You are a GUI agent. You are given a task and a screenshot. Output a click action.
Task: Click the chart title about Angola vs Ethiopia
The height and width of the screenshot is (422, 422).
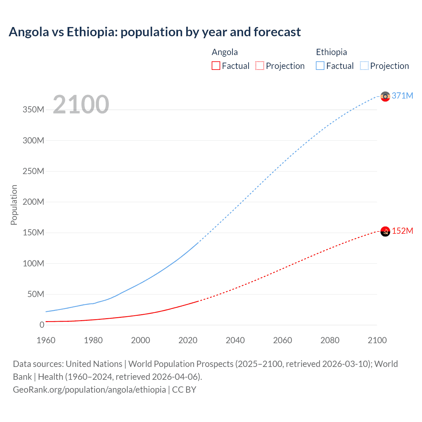[x=155, y=32]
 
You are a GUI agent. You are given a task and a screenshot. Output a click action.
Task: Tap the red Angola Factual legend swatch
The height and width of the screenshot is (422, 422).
[x=216, y=66]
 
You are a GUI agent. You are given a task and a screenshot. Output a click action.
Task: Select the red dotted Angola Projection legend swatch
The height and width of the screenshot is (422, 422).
[x=260, y=66]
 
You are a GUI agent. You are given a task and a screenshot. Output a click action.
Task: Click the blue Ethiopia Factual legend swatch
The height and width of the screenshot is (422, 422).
[x=320, y=66]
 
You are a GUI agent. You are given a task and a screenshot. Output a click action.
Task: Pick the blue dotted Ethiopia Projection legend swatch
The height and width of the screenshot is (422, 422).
[x=364, y=66]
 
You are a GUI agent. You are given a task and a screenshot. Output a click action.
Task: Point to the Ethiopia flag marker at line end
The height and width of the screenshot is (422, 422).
[x=385, y=96]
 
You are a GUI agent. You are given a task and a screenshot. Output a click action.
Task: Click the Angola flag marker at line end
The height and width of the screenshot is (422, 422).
[x=385, y=231]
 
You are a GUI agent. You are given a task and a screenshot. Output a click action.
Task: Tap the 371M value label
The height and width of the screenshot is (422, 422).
[x=403, y=96]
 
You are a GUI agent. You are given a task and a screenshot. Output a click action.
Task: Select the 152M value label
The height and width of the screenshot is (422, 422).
[x=403, y=231]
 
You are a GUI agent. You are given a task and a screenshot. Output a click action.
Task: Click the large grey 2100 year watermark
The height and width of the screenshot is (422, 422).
[x=81, y=105]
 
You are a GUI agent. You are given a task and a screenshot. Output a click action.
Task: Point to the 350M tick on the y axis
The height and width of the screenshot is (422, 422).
[x=33, y=110]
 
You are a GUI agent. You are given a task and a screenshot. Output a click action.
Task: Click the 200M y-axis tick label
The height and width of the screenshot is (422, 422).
[x=33, y=202]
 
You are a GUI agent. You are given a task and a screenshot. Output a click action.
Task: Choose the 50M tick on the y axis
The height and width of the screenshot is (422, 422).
[x=36, y=294]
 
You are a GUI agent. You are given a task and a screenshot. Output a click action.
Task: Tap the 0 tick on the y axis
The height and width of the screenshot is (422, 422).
[x=42, y=325]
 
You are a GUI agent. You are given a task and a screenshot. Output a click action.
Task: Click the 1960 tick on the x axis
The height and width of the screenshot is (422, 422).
[x=46, y=340]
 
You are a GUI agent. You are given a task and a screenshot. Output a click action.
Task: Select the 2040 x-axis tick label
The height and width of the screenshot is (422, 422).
[x=235, y=340]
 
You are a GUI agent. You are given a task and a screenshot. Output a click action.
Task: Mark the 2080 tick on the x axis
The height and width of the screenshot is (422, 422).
[x=330, y=340]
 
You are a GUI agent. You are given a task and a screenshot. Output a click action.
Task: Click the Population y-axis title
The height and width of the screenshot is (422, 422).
[x=14, y=205]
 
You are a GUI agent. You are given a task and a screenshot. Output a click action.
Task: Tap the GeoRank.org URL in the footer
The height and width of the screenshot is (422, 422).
[x=89, y=390]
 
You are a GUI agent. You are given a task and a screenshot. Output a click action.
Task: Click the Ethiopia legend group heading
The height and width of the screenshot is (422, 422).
[x=331, y=52]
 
